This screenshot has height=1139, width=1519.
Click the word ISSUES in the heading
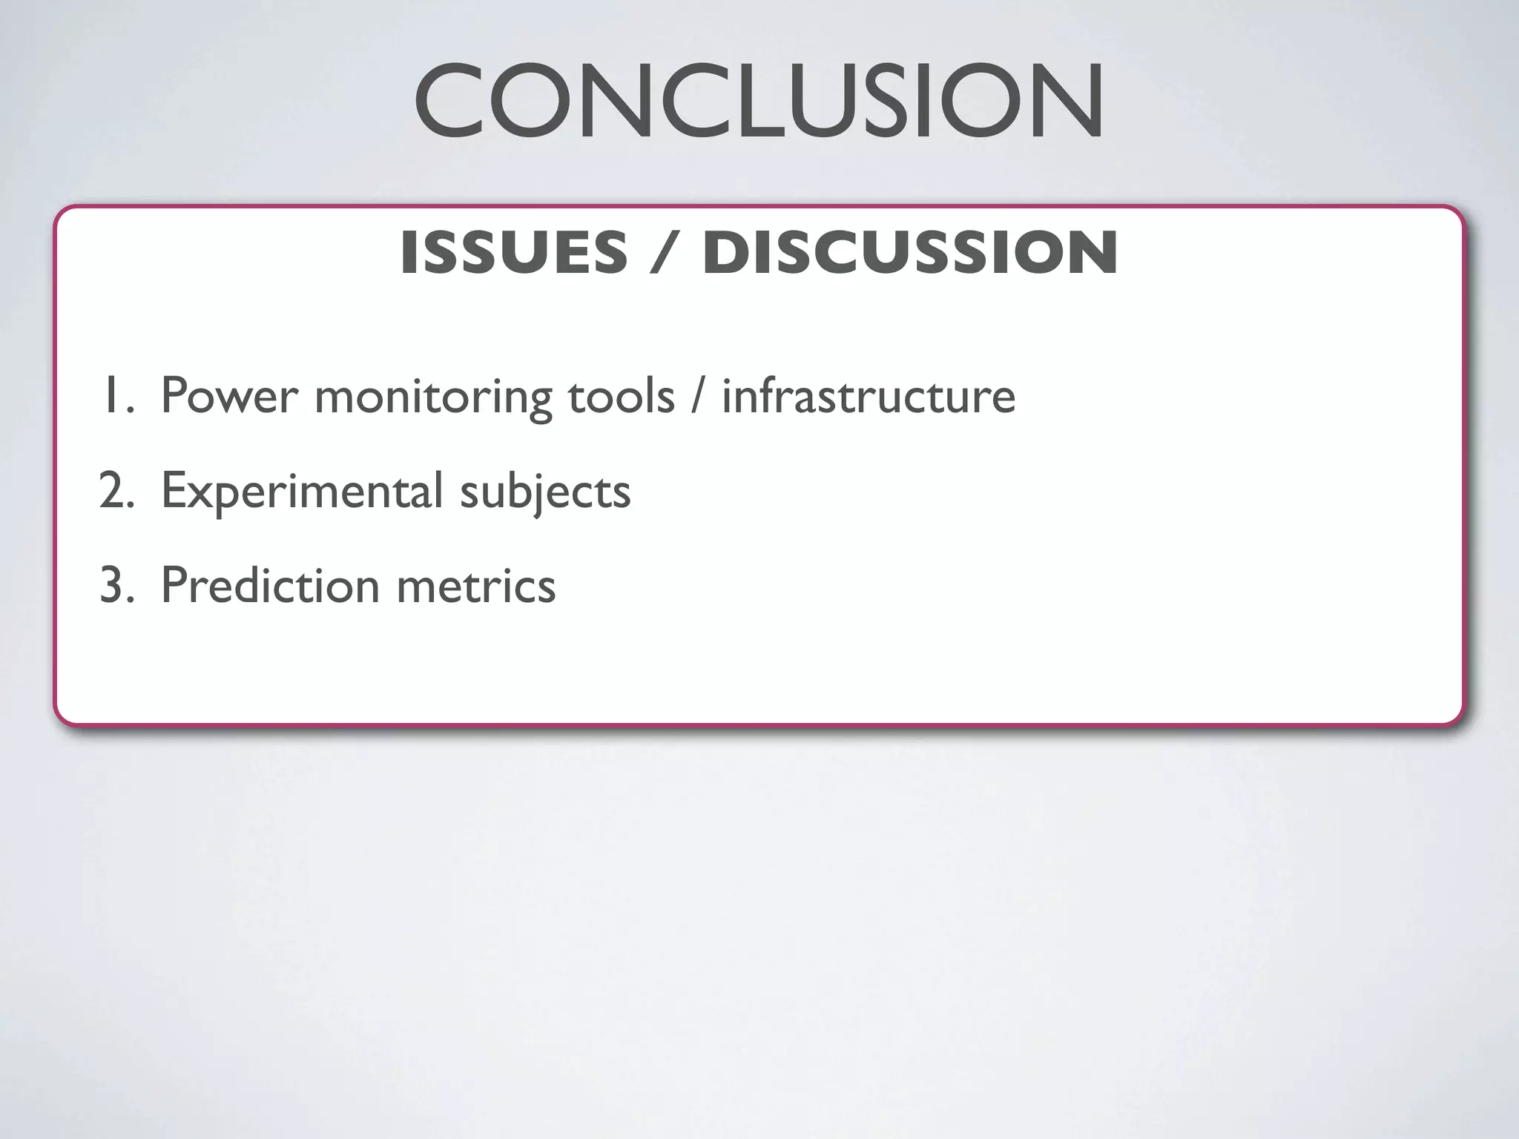click(x=514, y=253)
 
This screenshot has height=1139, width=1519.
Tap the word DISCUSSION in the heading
click(x=910, y=253)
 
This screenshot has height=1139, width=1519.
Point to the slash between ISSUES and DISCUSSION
click(x=665, y=253)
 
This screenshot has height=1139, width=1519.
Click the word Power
click(x=229, y=396)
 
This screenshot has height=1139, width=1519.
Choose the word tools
click(x=622, y=396)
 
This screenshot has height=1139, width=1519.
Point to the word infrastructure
click(x=869, y=396)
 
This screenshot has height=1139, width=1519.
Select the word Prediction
click(x=270, y=586)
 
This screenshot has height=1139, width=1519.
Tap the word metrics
click(x=476, y=586)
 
